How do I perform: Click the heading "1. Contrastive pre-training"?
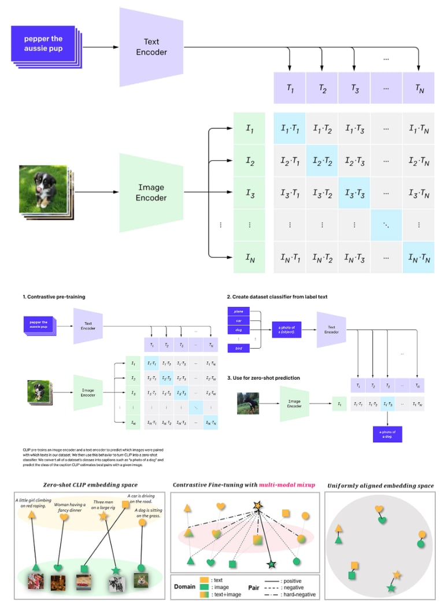[x=54, y=297]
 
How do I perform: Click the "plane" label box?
[x=239, y=310]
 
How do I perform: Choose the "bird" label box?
[x=239, y=349]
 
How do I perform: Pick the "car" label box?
[x=239, y=320]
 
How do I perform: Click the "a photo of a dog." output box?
[x=387, y=434]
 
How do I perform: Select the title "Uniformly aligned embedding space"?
[x=380, y=485]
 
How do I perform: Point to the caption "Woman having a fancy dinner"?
[x=69, y=507]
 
